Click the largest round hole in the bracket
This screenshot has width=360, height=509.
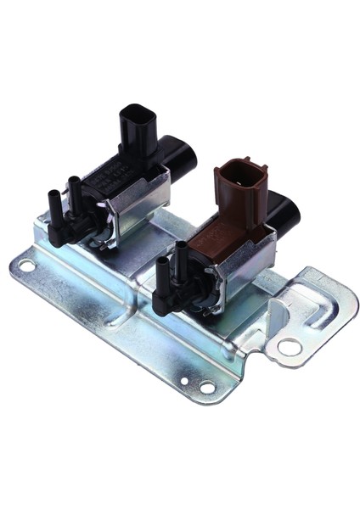click(289, 345)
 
